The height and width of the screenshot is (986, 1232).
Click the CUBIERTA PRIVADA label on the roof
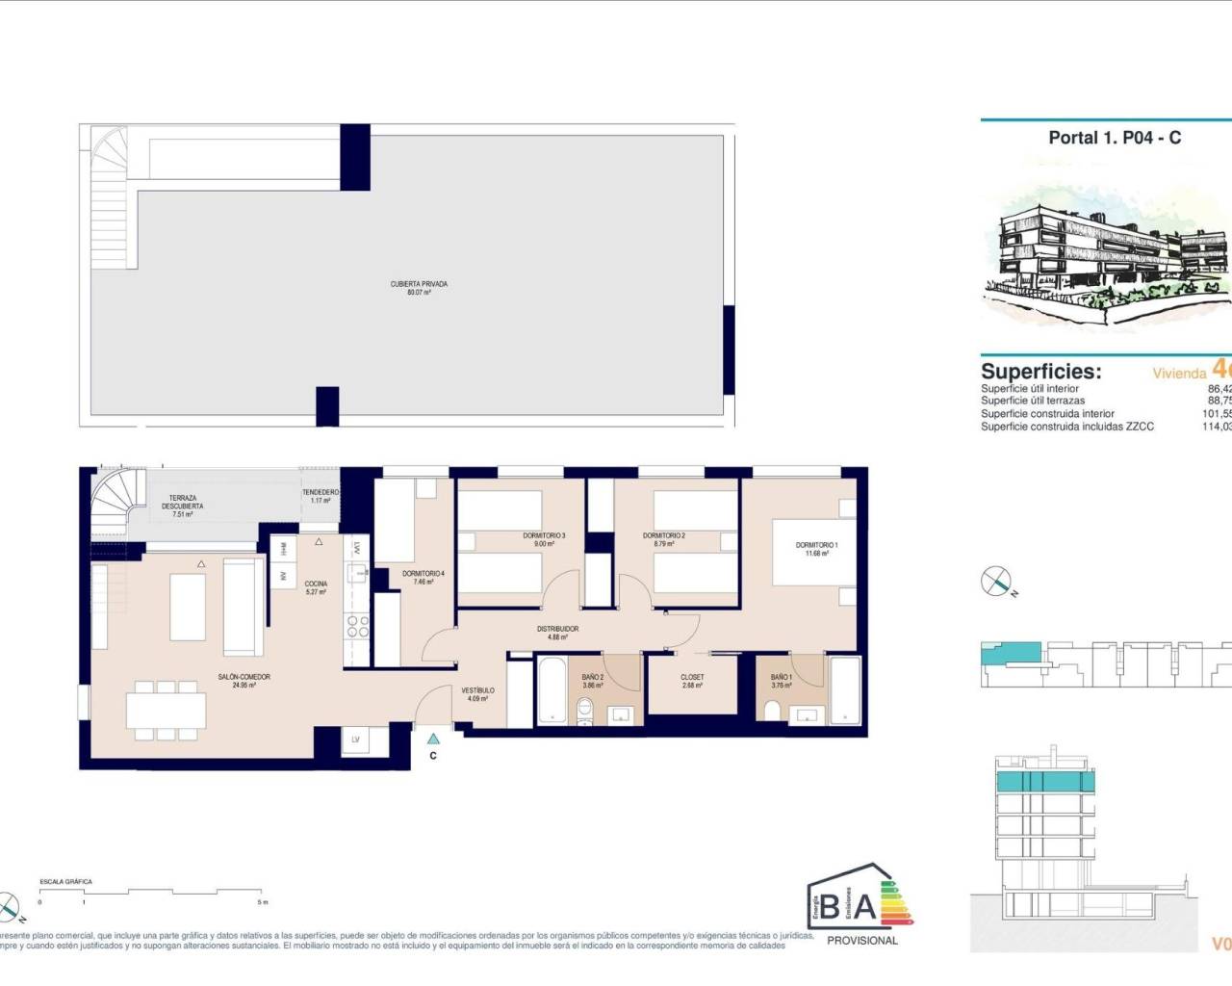pyautogui.click(x=419, y=285)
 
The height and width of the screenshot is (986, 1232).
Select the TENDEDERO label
pyautogui.click(x=321, y=492)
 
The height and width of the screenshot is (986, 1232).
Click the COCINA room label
pyautogui.click(x=316, y=584)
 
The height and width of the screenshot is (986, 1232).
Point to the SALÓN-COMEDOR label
pyautogui.click(x=244, y=678)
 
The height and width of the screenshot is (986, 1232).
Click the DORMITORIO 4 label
pyautogui.click(x=423, y=574)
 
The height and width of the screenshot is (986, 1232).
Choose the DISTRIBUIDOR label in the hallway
pyautogui.click(x=558, y=630)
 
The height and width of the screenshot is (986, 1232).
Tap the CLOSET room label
pyautogui.click(x=692, y=678)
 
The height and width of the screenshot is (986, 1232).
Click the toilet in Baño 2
pyautogui.click(x=584, y=711)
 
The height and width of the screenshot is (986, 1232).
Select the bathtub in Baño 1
pyautogui.click(x=845, y=689)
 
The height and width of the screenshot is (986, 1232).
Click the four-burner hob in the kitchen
pyautogui.click(x=358, y=627)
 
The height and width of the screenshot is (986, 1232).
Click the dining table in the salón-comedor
pyautogui.click(x=166, y=712)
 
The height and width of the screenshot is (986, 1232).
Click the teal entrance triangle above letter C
pyautogui.click(x=434, y=739)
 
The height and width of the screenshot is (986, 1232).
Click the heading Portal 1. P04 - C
pyautogui.click(x=1115, y=138)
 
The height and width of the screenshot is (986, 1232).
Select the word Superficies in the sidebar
pyautogui.click(x=1040, y=372)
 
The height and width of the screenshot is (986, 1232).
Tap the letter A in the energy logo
pyautogui.click(x=864, y=906)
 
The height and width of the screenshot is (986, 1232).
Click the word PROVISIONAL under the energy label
pyautogui.click(x=862, y=941)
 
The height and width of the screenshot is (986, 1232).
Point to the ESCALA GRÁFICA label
pyautogui.click(x=65, y=882)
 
